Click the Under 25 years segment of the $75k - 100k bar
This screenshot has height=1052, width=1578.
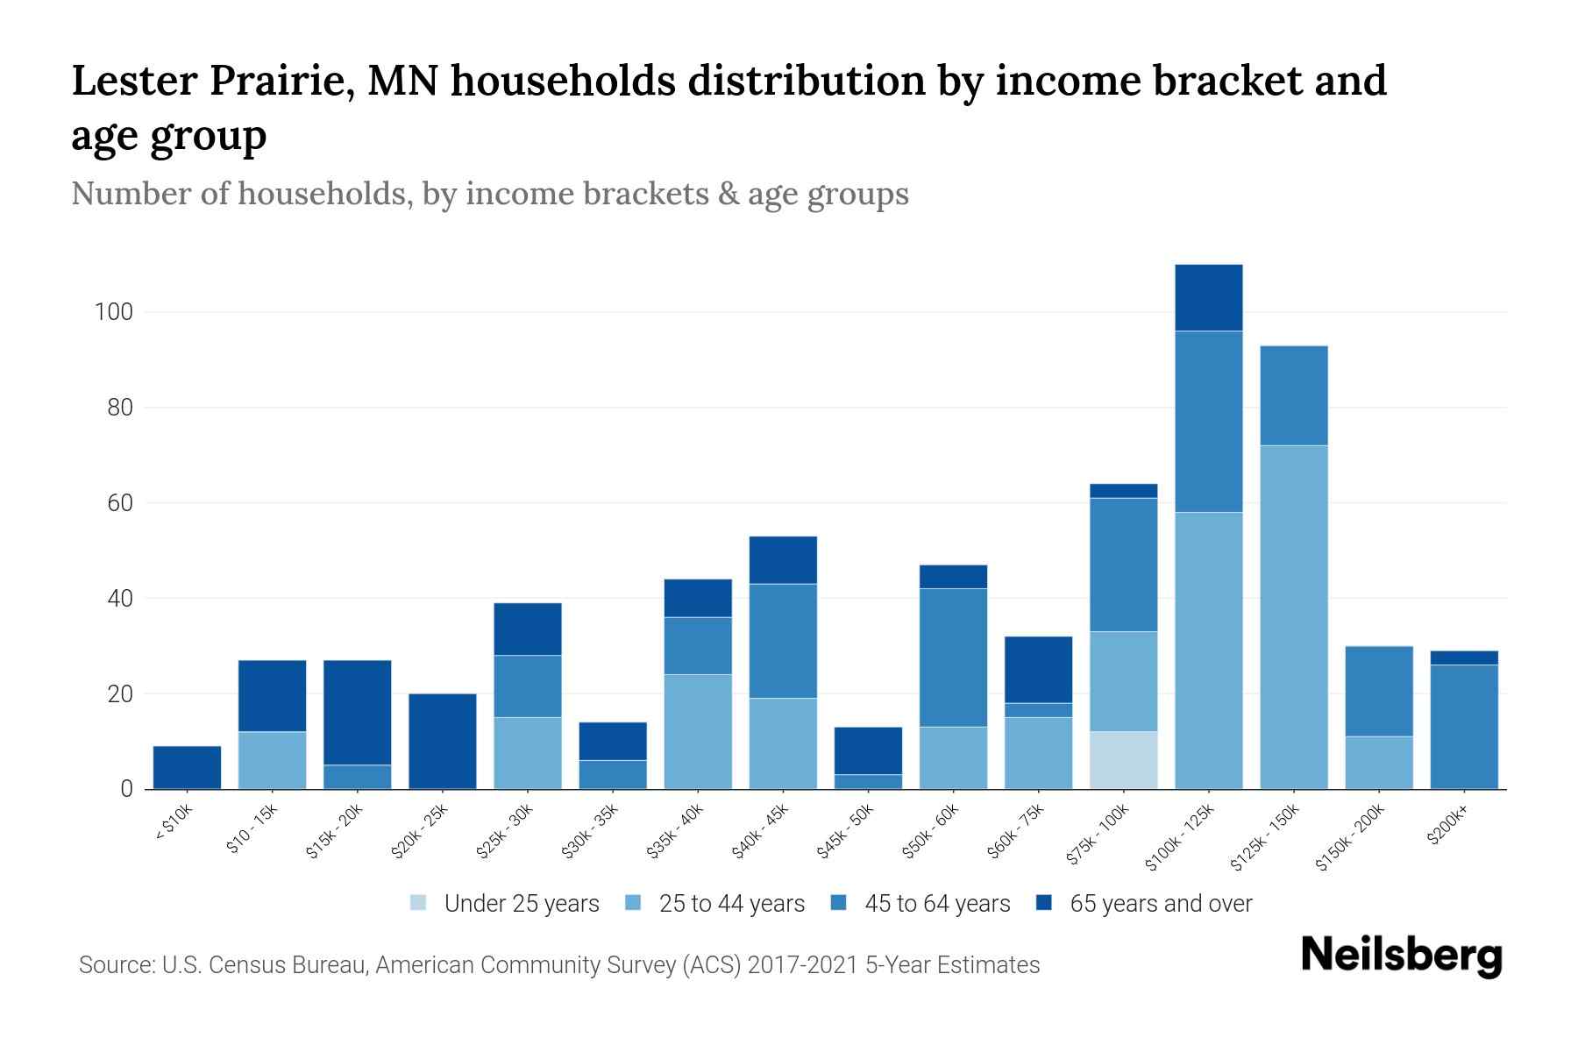pos(1123,760)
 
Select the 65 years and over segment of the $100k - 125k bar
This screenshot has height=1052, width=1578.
pos(1208,298)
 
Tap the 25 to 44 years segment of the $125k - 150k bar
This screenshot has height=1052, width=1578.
pos(1293,617)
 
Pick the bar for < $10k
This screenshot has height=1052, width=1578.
pos(187,767)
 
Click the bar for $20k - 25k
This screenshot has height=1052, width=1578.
pos(443,742)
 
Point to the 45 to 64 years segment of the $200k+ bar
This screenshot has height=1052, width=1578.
pos(1463,727)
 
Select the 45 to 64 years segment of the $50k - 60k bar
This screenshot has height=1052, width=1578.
pos(953,657)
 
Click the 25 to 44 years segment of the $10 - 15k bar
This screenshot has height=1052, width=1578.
pos(272,760)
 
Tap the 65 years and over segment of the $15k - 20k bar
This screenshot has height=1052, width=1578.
pos(358,713)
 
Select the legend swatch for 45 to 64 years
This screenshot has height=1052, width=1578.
pos(839,903)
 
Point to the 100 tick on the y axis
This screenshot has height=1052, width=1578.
pos(113,312)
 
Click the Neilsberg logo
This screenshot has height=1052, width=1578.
pos(1401,956)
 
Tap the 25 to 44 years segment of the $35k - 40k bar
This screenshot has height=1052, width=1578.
pos(698,731)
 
